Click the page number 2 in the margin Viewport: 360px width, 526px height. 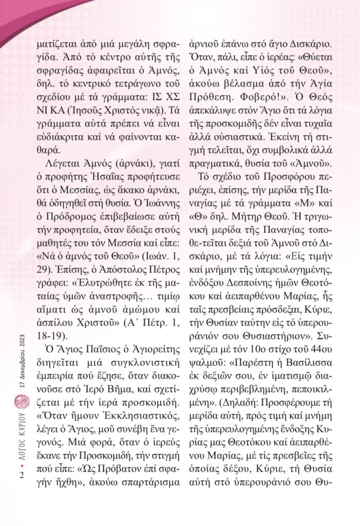click(21, 475)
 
